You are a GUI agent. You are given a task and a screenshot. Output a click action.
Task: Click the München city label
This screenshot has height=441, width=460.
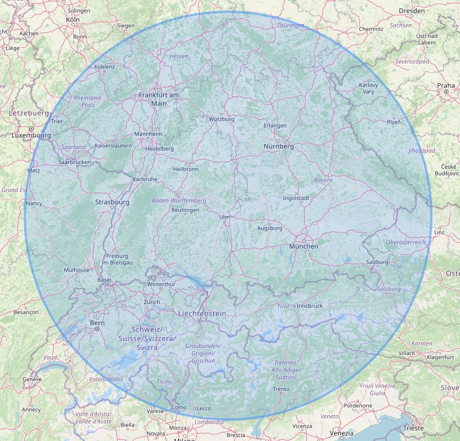pos(303,246)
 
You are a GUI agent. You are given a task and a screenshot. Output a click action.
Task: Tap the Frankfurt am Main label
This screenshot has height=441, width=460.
pos(159,99)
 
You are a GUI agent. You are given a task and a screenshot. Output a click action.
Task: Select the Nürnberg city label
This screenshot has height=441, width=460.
pos(278,146)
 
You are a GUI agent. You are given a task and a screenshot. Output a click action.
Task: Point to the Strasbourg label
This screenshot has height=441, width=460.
pos(112,202)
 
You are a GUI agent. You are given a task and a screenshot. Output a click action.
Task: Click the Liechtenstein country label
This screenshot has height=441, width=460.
pos(202,313)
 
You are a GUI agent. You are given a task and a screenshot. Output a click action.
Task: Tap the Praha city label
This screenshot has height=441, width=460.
pos(446,85)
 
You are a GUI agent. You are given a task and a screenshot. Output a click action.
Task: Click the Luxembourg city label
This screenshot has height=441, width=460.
pos(31,135)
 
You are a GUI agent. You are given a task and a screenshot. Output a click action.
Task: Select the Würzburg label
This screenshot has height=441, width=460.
pos(221,119)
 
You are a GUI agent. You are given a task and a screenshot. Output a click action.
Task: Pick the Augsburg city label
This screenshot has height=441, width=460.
pos(269,228)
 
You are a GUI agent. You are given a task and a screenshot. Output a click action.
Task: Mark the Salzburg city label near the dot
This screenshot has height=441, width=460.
pos(377,262)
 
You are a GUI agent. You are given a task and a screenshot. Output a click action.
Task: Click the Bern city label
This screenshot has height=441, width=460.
pos(97,323)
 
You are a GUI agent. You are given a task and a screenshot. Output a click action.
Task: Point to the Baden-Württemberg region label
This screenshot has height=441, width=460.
pos(179,201)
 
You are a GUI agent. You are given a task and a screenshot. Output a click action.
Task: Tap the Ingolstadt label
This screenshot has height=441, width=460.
pos(297,198)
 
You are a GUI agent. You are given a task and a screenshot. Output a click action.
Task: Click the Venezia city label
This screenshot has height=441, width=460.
pos(341,433)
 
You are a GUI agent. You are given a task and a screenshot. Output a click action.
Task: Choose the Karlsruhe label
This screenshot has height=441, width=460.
pos(145,179)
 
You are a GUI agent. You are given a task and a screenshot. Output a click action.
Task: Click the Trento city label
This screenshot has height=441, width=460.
pos(281,389)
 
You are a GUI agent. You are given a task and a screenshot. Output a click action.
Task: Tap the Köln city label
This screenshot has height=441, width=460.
pos(73,19)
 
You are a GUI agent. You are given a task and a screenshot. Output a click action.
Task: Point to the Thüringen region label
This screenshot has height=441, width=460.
pos(291,26)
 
